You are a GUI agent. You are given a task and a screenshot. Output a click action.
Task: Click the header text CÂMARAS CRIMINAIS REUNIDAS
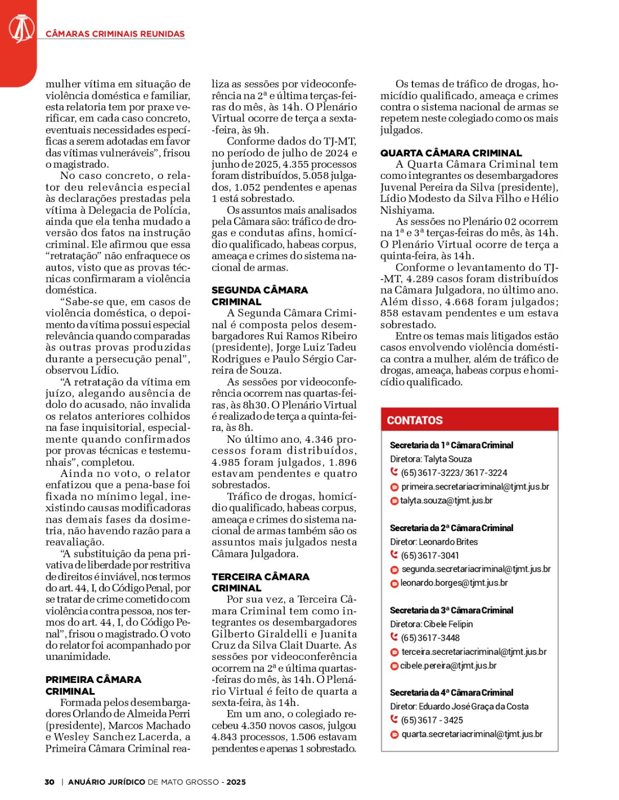[x=115, y=34]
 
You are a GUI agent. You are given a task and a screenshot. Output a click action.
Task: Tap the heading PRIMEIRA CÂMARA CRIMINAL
[x=93, y=685]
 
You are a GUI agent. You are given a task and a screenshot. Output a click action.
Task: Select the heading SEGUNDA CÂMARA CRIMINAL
[x=259, y=295]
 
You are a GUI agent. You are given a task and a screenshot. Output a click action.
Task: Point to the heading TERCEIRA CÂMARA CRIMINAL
[x=260, y=582]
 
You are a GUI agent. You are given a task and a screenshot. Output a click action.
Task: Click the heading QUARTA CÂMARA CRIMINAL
[x=451, y=153]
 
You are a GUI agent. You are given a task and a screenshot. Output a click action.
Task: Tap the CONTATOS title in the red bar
[x=415, y=420]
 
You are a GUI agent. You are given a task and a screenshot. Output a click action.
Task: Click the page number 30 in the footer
[x=50, y=782]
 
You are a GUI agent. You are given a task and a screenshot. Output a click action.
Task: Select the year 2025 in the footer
[x=236, y=782]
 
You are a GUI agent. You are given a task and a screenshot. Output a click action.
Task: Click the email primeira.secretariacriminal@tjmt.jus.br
[x=475, y=487]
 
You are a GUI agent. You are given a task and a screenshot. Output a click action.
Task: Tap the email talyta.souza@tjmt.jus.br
[x=446, y=500]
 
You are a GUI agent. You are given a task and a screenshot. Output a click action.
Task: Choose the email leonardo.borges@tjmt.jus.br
[x=454, y=583]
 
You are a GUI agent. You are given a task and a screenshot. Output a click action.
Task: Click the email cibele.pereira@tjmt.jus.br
[x=448, y=666]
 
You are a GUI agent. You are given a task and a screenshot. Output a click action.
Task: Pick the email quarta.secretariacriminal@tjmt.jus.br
[x=472, y=734]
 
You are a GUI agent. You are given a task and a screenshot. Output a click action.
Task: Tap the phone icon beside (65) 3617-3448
[x=394, y=637]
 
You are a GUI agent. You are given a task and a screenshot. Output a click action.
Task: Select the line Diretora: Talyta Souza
[x=430, y=459]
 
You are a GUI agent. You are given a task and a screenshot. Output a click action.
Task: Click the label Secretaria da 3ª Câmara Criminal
[x=451, y=610]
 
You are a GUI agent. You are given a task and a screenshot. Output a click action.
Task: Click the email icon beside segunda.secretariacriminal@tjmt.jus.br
[x=394, y=570]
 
